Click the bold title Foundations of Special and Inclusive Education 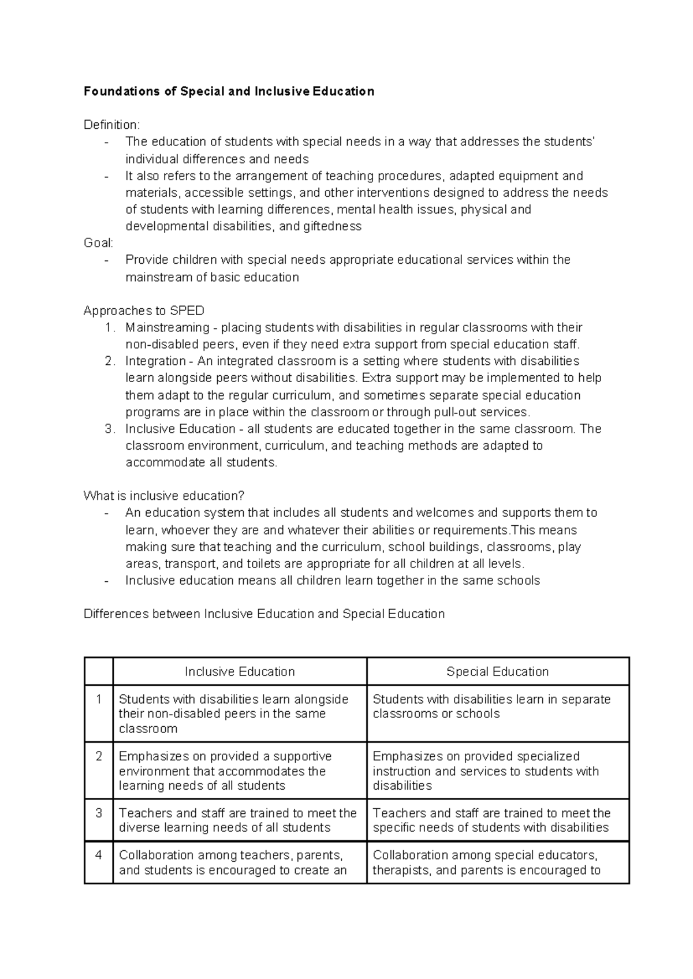pyautogui.click(x=229, y=91)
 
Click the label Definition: pyautogui.click(x=111, y=125)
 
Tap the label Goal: pyautogui.click(x=98, y=243)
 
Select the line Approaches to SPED pyautogui.click(x=144, y=311)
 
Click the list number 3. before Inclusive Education pyautogui.click(x=110, y=429)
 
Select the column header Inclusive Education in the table pyautogui.click(x=240, y=671)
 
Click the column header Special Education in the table pyautogui.click(x=497, y=671)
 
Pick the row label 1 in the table pyautogui.click(x=99, y=699)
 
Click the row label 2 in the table pyautogui.click(x=99, y=756)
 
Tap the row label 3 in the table pyautogui.click(x=99, y=813)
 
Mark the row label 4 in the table pyautogui.click(x=99, y=855)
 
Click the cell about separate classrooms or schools pyautogui.click(x=491, y=707)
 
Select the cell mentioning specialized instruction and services pyautogui.click(x=486, y=771)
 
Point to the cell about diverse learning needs pyautogui.click(x=237, y=820)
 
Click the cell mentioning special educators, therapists pyautogui.click(x=486, y=862)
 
